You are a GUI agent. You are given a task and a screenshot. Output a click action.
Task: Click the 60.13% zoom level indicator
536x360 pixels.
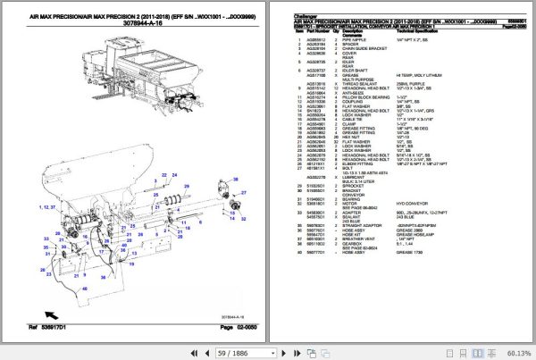coord(515,351)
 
